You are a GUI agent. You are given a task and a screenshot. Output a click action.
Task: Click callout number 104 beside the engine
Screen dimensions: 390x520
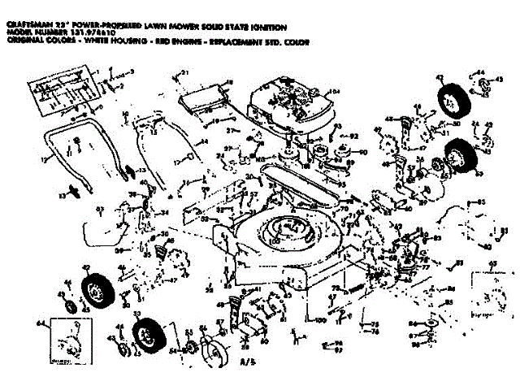pos(331,91)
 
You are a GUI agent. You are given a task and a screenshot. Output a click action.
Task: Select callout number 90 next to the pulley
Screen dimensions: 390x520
pos(363,152)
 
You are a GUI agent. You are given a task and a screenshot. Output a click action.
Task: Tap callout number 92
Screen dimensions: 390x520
pos(355,135)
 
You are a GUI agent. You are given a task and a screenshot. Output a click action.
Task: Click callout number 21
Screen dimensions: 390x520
pos(184,74)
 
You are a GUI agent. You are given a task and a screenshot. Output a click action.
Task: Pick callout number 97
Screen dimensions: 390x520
pos(338,350)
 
